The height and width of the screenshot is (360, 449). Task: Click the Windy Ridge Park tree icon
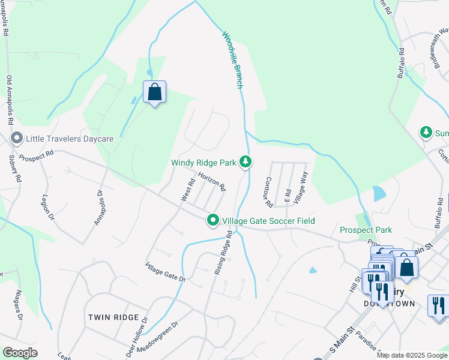245,161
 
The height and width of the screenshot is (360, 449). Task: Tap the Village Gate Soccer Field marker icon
212,221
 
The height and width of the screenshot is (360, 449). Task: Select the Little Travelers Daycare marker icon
16,139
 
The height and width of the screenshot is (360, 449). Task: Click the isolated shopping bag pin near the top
154,92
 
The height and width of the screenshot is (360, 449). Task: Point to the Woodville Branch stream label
232,60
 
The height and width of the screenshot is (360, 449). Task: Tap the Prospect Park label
366,230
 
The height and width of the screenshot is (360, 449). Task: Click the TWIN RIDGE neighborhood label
113,317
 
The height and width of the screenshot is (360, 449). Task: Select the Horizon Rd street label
212,182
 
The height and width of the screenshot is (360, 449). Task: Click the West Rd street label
188,190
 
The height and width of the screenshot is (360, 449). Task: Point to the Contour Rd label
268,191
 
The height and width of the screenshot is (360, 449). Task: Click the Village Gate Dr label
166,272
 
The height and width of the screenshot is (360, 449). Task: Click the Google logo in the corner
20,353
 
